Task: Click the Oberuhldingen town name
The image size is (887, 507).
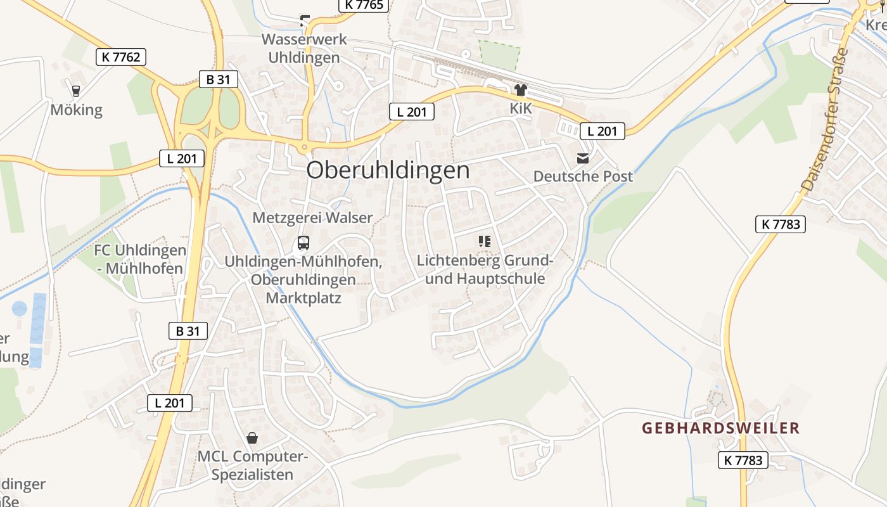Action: [x=388, y=170]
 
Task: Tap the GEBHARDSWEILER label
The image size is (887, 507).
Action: [x=720, y=428]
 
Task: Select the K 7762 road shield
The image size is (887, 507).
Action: [x=121, y=57]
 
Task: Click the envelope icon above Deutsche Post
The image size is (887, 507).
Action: [x=583, y=158]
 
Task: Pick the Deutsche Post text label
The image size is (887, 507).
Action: [x=583, y=176]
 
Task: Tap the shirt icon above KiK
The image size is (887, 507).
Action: [x=521, y=91]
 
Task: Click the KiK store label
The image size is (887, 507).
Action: [x=521, y=108]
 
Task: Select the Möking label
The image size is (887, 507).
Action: [x=76, y=110]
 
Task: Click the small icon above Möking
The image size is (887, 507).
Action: [x=76, y=91]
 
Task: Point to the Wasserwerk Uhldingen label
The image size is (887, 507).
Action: [x=304, y=48]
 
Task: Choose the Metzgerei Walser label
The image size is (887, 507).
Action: [x=312, y=218]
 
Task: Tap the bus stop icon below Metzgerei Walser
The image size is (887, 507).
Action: [x=303, y=243]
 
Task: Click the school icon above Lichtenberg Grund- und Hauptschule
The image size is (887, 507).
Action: [x=485, y=241]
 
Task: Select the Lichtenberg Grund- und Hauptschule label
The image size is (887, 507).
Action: [x=485, y=269]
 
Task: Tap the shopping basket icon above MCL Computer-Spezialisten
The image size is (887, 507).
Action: [x=252, y=438]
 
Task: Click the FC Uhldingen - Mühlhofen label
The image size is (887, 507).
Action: [x=139, y=259]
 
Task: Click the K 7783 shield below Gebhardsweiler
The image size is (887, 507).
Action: [x=743, y=460]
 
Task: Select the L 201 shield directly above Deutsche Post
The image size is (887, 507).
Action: [x=602, y=131]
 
